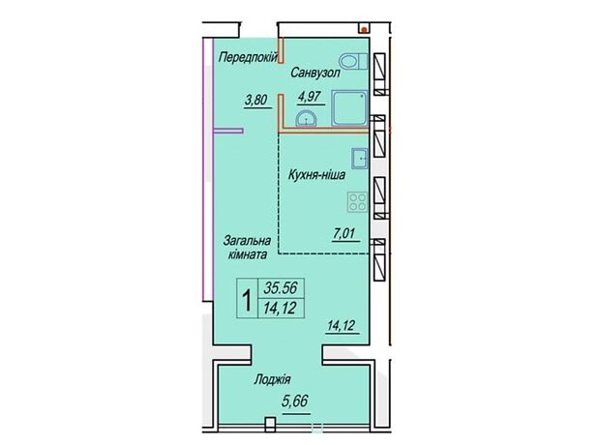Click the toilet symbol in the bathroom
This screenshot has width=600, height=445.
click(353, 62)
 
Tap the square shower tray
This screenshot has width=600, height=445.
click(349, 107)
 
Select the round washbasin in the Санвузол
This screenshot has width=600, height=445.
click(306, 118)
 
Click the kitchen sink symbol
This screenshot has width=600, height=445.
click(360, 159)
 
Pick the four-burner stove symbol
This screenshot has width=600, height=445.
click(357, 202)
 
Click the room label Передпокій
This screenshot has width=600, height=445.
click(248, 58)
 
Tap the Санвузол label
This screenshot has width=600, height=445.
click(315, 73)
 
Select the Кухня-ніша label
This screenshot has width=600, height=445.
click(316, 175)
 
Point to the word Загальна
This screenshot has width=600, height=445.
click(247, 241)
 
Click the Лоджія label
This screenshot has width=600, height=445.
click(272, 379)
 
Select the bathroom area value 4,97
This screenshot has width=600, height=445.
click(310, 97)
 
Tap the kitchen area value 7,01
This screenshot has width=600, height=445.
click(345, 233)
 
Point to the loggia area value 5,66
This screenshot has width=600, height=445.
click(295, 401)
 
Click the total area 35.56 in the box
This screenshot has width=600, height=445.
click(281, 287)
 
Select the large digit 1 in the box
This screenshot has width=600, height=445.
click(248, 300)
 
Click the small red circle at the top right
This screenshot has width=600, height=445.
click(365, 28)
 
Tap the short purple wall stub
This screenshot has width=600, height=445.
click(228, 131)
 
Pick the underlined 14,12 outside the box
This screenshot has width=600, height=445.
click(342, 326)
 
